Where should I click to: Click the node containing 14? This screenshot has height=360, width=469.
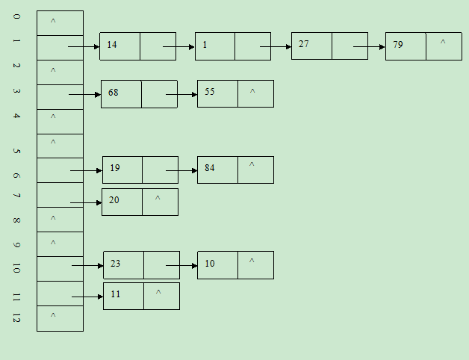[138, 46]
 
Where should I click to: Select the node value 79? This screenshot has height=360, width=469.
[398, 45]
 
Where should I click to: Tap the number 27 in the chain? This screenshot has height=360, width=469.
[304, 44]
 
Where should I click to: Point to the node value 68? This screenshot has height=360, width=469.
[113, 93]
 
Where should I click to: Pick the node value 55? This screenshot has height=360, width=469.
[210, 92]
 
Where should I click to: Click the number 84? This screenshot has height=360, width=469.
[210, 168]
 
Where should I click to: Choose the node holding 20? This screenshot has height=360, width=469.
[140, 202]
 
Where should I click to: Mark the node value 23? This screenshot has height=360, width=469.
[116, 264]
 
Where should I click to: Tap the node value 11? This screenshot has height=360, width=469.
[116, 294]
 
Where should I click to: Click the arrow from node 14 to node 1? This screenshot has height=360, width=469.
[178, 47]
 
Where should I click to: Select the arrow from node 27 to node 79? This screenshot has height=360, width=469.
[369, 47]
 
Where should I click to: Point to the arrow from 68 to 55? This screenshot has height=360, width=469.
[181, 95]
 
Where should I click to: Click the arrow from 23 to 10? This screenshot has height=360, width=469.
[181, 265]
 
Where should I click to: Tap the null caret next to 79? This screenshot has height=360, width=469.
[443, 43]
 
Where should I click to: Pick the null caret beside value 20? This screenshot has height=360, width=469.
[158, 198]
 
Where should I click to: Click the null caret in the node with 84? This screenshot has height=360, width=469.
[252, 164]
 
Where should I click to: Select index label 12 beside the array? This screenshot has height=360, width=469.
[16, 318]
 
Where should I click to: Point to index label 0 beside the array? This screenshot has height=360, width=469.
[16, 16]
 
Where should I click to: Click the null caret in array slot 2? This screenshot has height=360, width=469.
[53, 70]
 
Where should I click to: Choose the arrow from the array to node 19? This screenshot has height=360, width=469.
[86, 170]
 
